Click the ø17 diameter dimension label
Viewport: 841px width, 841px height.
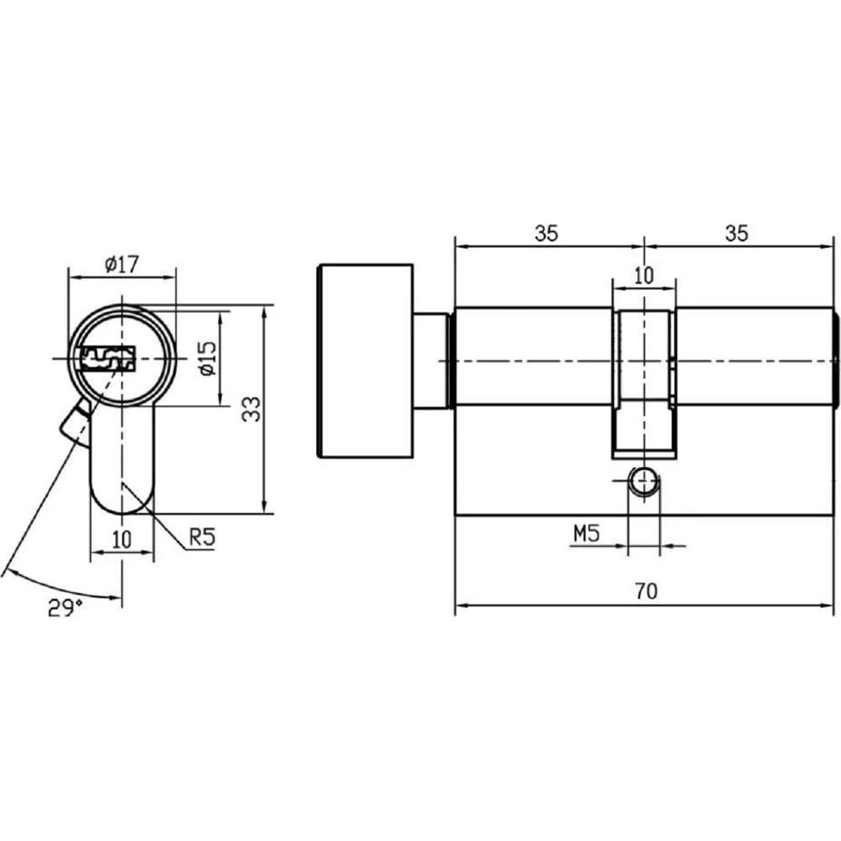(x=122, y=264)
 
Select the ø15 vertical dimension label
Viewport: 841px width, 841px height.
(x=207, y=357)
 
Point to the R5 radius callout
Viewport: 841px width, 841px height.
(x=202, y=537)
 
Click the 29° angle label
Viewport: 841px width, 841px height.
(x=66, y=608)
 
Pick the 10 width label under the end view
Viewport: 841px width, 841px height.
(x=122, y=539)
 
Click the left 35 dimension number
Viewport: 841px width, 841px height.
(x=546, y=233)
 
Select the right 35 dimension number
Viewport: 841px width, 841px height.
(x=737, y=233)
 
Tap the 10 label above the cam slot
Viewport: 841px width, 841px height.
(x=643, y=276)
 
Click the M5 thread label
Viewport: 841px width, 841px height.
(x=586, y=534)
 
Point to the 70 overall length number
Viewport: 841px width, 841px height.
(x=646, y=591)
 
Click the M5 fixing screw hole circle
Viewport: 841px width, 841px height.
(x=643, y=481)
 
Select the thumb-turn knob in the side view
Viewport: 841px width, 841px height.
(x=366, y=361)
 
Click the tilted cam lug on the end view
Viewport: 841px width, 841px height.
(x=77, y=420)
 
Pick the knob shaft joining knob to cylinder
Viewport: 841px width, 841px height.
(x=431, y=361)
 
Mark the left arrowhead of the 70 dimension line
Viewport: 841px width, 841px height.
(x=460, y=606)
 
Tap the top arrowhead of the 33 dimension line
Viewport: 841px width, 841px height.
(x=263, y=311)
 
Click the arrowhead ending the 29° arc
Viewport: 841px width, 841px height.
(x=114, y=597)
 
